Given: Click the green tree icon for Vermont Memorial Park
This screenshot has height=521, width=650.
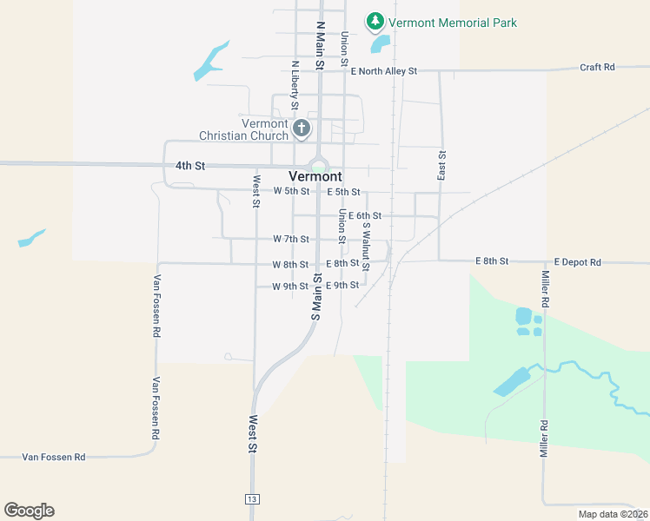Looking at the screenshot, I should click(375, 21).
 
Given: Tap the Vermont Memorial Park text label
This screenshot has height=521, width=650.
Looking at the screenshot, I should click(453, 23).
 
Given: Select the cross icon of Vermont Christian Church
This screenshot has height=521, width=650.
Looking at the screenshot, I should click(302, 129).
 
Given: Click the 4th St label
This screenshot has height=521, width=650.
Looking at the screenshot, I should click(189, 165).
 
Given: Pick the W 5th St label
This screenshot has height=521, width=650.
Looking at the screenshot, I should click(291, 191).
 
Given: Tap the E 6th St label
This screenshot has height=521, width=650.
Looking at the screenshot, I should click(365, 215).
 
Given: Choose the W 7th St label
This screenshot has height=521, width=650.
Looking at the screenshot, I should click(291, 239).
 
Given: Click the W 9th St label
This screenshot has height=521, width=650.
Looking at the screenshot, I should click(290, 286).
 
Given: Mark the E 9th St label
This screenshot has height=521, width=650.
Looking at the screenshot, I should click(342, 286).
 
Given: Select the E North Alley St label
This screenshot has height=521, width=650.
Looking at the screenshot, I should click(384, 71).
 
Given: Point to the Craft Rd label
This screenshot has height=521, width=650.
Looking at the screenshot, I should click(597, 67).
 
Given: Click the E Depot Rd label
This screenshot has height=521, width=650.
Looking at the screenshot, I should click(577, 261).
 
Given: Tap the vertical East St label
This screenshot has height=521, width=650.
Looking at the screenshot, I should click(442, 165).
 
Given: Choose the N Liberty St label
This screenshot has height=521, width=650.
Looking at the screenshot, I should click(295, 85).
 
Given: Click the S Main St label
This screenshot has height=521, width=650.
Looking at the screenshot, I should click(317, 297).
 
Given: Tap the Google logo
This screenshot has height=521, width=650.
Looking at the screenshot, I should click(29, 511).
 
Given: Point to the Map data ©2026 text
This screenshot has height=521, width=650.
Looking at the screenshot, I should click(613, 514).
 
